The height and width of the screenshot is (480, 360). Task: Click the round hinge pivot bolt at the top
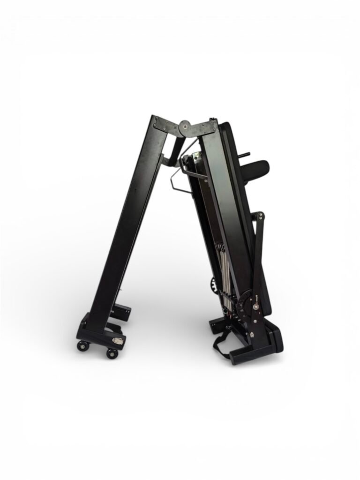[185, 127]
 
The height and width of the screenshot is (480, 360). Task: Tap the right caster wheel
[112, 353]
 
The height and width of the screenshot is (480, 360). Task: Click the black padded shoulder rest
[255, 167]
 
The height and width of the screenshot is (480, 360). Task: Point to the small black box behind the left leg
[123, 312]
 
